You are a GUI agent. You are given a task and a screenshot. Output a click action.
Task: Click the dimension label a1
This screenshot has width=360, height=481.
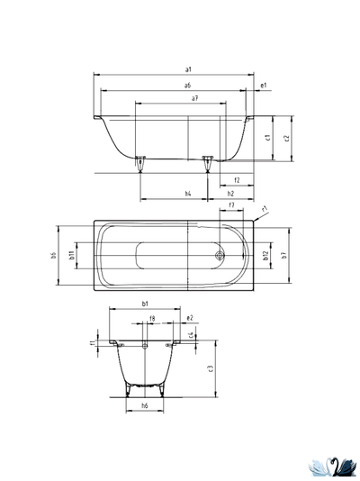click(187, 69)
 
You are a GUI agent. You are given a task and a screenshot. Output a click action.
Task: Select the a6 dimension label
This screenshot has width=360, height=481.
click(187, 85)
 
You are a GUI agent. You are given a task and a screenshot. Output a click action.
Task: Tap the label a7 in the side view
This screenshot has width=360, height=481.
click(195, 97)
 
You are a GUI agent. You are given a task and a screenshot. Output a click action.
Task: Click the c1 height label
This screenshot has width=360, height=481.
click(269, 138)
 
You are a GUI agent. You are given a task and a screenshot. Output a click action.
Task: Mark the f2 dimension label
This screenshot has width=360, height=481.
click(236, 180)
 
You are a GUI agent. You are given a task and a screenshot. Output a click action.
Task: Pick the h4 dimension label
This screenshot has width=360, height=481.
click(187, 194)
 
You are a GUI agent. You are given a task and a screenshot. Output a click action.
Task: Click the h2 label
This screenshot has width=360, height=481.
click(231, 194)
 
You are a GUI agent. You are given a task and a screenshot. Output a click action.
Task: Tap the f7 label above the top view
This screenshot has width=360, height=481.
click(231, 206)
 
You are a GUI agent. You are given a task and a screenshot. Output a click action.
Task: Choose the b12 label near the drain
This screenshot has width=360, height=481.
click(265, 256)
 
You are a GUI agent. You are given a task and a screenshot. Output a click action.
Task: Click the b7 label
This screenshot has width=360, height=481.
click(283, 256)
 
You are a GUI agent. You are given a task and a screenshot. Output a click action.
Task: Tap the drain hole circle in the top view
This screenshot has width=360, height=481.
click(220, 255)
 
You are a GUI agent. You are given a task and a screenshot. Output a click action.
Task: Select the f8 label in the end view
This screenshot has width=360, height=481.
click(152, 318)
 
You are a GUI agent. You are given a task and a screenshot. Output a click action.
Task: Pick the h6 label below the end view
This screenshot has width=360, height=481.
click(145, 406)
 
